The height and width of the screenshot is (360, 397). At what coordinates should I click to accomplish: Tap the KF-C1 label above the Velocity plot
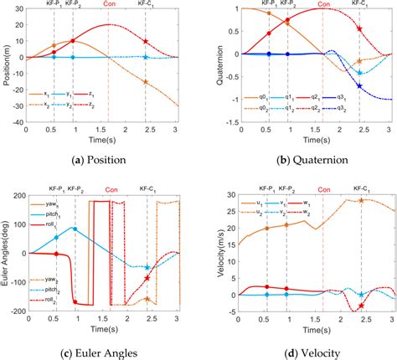(x=361, y=190)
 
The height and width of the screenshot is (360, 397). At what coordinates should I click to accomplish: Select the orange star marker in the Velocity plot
(x=361, y=201)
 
